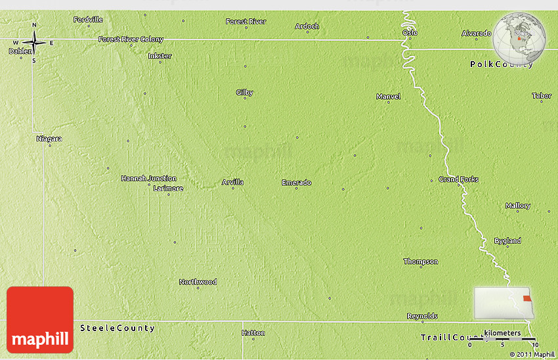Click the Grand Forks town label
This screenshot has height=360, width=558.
click(x=458, y=179)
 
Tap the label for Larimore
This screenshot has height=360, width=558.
click(x=168, y=189)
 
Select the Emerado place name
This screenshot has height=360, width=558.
click(x=296, y=182)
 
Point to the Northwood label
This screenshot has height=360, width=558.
click(x=198, y=282)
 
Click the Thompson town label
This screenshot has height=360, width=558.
click(x=420, y=261)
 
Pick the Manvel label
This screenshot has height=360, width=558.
click(x=388, y=97)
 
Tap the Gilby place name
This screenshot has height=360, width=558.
click(x=244, y=93)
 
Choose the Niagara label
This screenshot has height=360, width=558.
click(x=49, y=139)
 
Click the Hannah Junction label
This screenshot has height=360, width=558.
click(x=148, y=178)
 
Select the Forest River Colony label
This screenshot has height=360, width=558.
click(x=131, y=39)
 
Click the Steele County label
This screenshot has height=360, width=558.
click(x=118, y=328)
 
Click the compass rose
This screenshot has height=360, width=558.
click(x=34, y=43)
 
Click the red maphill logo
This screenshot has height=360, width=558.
click(x=40, y=319)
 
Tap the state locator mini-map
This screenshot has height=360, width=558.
click(x=502, y=303)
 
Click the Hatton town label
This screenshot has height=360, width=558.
click(x=253, y=333)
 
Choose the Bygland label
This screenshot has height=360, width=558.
click(x=507, y=241)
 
